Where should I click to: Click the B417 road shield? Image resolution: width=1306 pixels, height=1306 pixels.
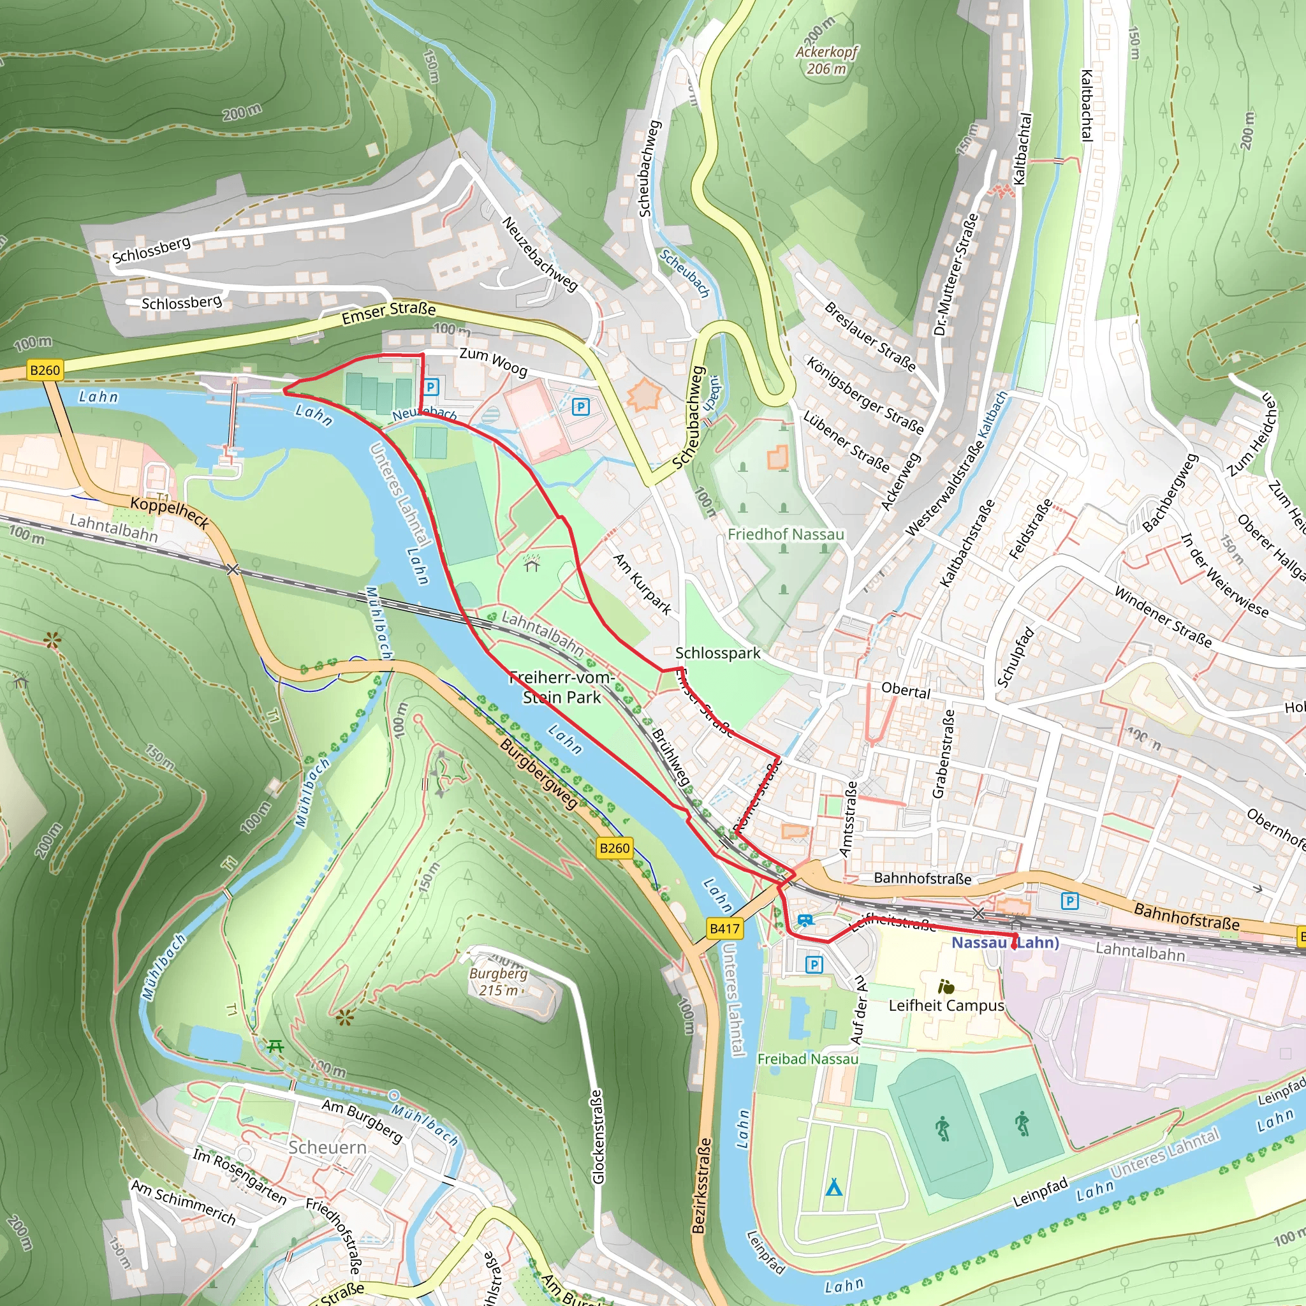point(724,928)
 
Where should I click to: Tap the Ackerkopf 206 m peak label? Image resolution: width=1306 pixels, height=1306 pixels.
point(826,60)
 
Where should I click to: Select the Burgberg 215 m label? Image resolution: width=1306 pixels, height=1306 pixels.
point(498,981)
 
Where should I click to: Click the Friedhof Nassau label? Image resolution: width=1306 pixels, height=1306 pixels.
point(786,534)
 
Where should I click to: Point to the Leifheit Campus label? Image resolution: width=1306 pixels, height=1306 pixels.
point(946,1005)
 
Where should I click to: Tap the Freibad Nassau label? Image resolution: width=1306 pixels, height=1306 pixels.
point(807,1059)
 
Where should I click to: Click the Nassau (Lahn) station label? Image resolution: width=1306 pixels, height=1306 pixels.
point(1004,943)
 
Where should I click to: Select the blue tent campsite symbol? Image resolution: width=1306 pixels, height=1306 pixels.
point(833,1186)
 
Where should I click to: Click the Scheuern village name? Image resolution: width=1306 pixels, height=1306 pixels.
point(327,1147)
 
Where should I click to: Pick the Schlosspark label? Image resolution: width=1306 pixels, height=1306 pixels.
point(718,653)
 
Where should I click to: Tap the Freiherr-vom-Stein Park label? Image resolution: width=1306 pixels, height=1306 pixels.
point(561,687)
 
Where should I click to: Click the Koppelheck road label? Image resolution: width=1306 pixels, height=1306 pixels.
point(169,511)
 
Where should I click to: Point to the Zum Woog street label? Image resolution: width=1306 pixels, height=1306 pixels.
point(493,362)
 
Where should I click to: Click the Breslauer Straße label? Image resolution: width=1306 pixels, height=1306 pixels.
point(870,337)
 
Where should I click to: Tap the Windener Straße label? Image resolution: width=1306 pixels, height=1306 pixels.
point(1163,617)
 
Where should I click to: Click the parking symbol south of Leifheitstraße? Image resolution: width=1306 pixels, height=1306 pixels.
point(814,965)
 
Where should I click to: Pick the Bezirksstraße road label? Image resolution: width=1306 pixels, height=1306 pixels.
point(701,1185)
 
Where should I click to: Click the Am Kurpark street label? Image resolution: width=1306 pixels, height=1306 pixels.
point(642,584)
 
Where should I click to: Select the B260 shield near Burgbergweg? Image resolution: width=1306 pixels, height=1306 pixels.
point(614,847)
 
